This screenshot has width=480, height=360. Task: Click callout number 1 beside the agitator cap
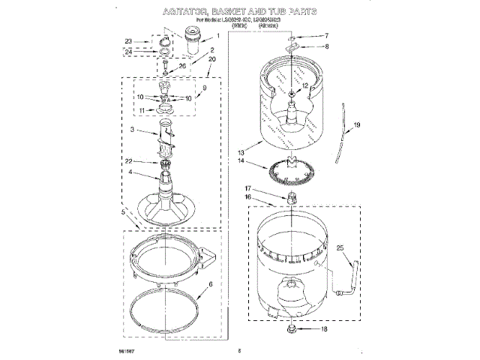217,35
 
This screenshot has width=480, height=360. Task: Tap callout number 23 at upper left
128,41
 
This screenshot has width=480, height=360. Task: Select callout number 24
128,51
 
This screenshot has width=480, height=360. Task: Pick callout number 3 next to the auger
131,130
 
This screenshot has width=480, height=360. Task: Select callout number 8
326,46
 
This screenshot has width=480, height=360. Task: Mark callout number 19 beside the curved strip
357,124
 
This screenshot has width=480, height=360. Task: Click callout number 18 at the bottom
324,329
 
